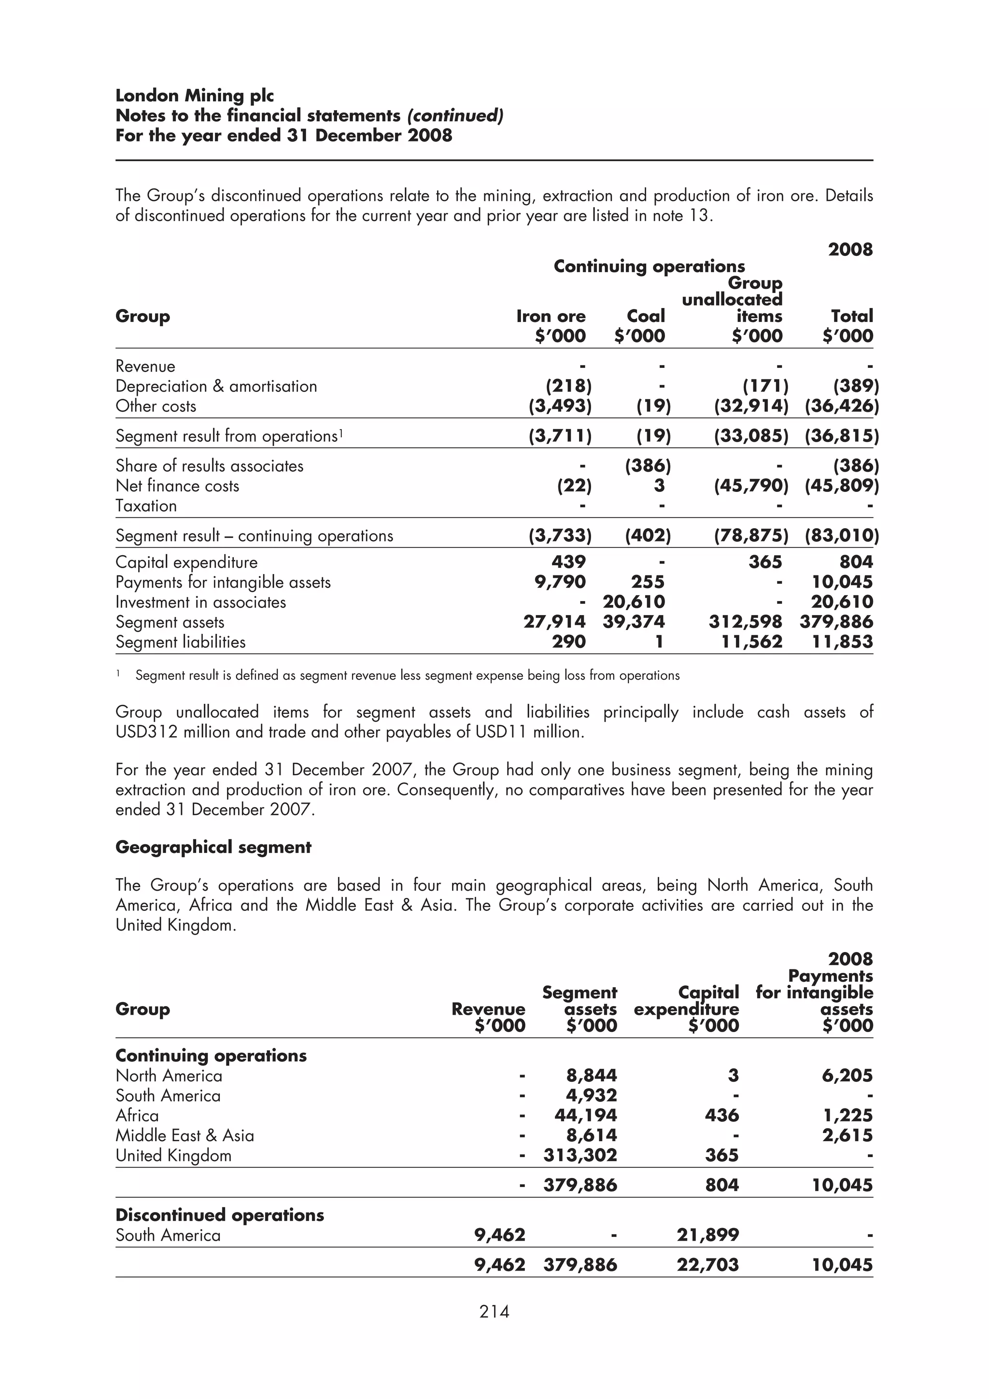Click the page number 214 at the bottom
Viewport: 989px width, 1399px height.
(494, 1311)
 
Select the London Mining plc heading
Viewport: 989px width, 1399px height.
(195, 96)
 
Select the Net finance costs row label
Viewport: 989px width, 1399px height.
(177, 486)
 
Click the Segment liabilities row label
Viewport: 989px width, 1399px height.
(181, 642)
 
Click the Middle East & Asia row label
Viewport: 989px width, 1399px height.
(184, 1135)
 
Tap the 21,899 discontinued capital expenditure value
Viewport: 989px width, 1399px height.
(707, 1235)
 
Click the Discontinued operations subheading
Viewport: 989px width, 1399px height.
(219, 1215)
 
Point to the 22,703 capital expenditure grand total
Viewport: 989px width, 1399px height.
(707, 1265)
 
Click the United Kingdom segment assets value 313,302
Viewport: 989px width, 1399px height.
(580, 1155)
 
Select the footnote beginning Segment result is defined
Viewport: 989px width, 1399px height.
(407, 675)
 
